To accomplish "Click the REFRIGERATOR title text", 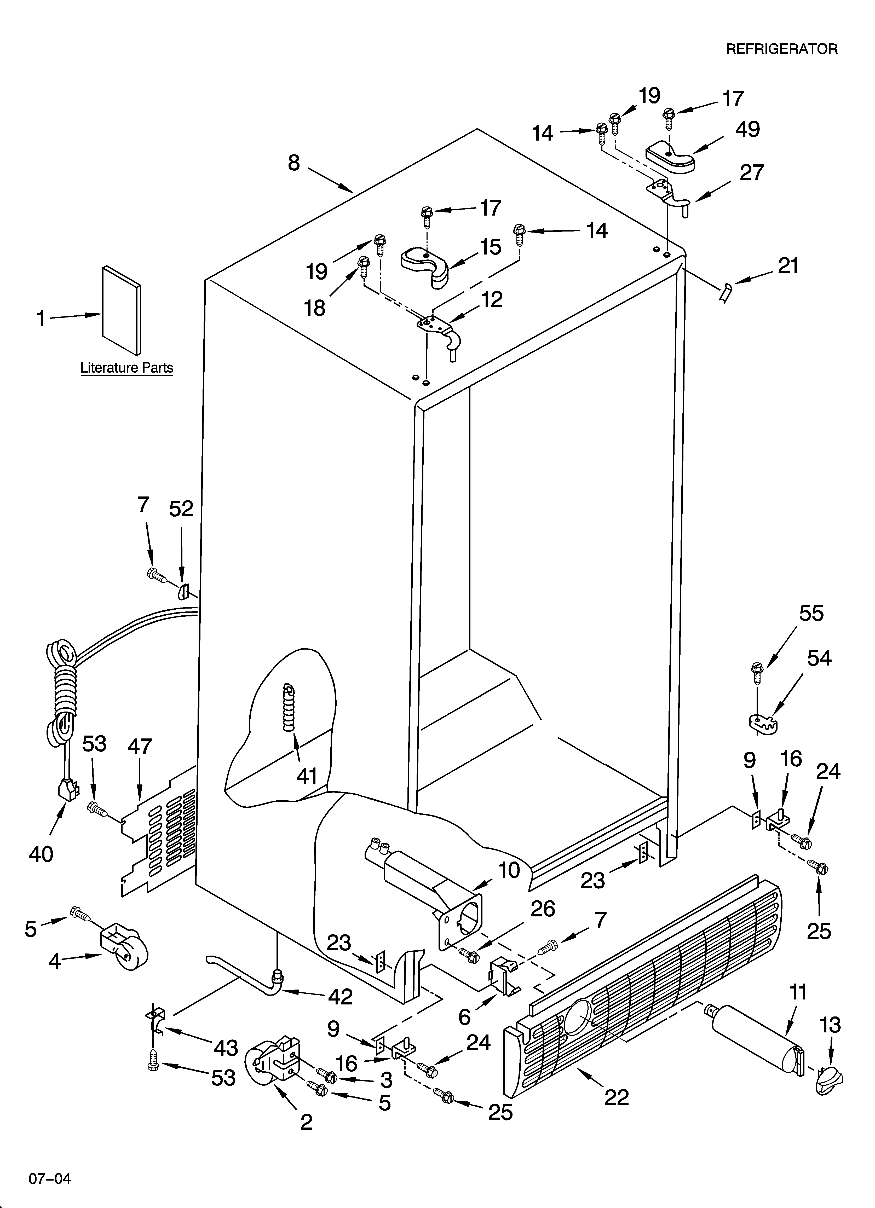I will coord(782,49).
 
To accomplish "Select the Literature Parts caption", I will coord(127,367).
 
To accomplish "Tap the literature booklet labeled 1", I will coord(122,310).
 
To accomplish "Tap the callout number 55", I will coord(811,614).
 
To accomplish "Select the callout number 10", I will coord(509,870).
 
